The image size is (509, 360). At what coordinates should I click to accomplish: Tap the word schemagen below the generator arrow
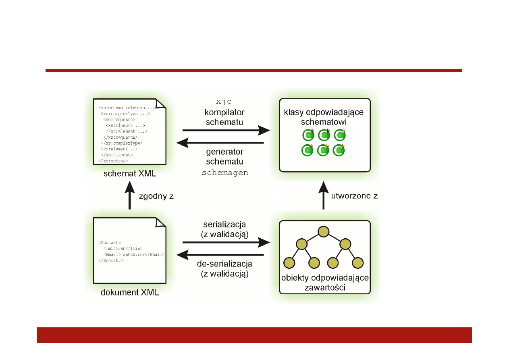(x=224, y=173)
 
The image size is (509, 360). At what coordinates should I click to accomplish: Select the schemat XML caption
(x=129, y=174)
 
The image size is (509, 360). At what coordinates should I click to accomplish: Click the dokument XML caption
(x=129, y=293)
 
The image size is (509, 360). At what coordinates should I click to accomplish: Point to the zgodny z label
(x=156, y=196)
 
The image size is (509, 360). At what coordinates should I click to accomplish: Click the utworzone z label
(x=354, y=196)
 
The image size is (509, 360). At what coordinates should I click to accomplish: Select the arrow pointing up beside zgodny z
(x=129, y=196)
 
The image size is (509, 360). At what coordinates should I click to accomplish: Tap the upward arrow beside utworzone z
(x=324, y=196)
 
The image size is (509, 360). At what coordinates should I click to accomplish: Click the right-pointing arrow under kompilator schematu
(x=226, y=130)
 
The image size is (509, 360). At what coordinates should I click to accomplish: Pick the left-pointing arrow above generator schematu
(x=220, y=143)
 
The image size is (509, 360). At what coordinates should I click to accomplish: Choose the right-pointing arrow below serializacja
(x=226, y=242)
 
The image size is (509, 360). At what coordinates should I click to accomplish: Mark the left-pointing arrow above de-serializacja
(x=220, y=255)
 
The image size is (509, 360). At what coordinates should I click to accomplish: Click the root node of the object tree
(x=324, y=232)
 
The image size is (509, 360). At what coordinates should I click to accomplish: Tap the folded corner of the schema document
(x=161, y=104)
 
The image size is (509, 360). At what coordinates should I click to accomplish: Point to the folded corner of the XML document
(x=161, y=223)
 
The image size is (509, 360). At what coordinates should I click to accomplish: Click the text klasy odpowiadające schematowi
(x=324, y=117)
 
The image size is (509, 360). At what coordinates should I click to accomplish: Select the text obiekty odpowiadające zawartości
(x=325, y=283)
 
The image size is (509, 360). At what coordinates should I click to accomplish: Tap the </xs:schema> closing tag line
(x=113, y=161)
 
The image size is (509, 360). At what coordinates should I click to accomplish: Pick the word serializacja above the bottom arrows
(x=224, y=224)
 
